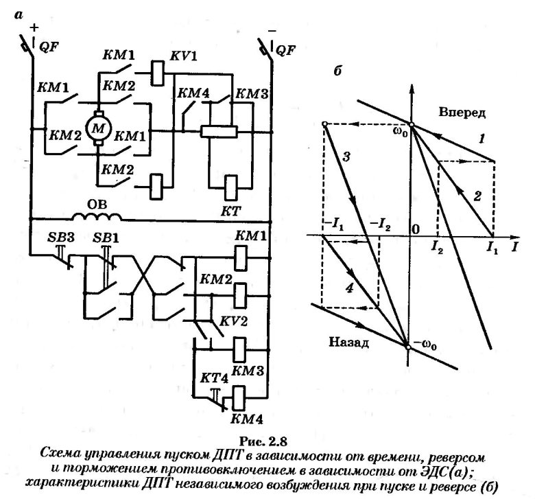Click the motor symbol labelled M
(x=95, y=129)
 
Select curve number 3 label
(x=346, y=157)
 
